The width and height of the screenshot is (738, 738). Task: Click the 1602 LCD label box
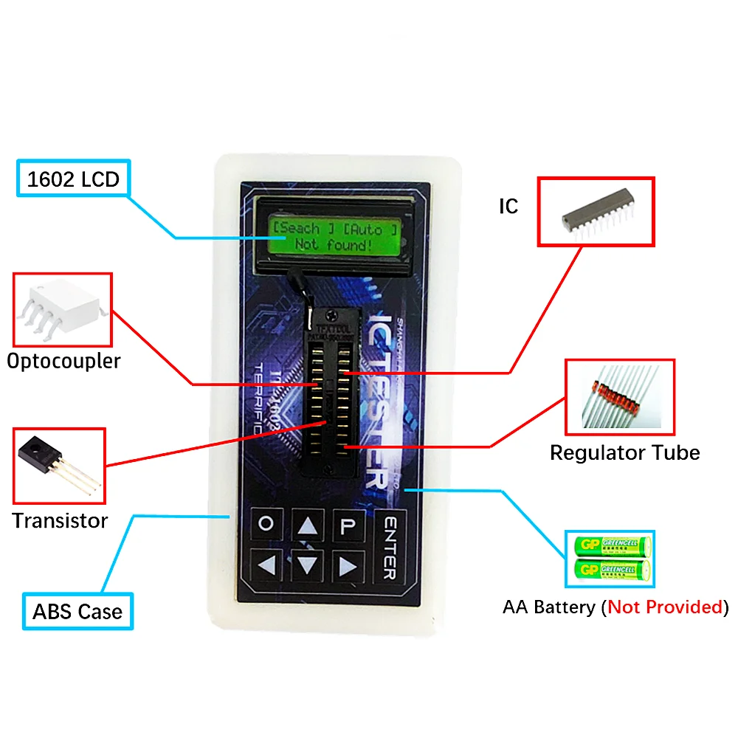(x=73, y=179)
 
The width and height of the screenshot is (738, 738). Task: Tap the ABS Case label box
(x=77, y=612)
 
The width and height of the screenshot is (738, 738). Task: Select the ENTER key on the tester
(x=391, y=546)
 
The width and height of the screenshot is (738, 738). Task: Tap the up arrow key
(x=308, y=525)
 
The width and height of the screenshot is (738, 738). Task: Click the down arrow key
(x=308, y=566)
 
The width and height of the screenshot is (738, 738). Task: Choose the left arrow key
(x=266, y=566)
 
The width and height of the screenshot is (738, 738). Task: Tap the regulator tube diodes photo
(x=620, y=397)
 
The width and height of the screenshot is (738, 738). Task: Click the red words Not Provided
(x=664, y=607)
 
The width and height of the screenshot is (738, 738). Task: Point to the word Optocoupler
(x=63, y=362)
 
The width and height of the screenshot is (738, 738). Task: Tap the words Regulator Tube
(x=624, y=452)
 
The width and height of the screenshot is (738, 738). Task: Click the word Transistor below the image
(x=60, y=520)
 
